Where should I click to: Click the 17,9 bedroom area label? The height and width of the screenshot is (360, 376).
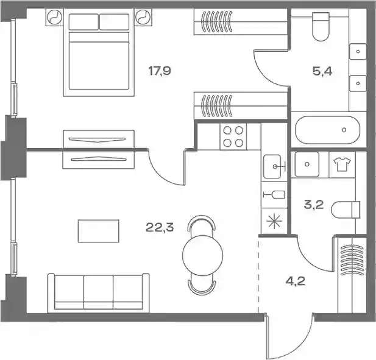tap(160, 71)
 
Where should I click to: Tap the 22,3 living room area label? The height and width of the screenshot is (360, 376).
tap(160, 227)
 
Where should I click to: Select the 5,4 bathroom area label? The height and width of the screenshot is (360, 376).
tap(322, 71)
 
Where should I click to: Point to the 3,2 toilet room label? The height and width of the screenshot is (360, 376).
tap(314, 205)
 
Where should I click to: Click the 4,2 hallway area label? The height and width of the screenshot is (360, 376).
tap(296, 281)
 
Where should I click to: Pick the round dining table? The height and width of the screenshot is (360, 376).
tap(203, 255)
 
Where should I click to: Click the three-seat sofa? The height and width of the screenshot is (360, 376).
tap(98, 292)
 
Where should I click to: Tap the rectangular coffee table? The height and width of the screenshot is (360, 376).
tap(99, 231)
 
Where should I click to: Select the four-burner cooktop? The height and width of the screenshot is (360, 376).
tap(233, 137)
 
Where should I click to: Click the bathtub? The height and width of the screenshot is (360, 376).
tap(328, 130)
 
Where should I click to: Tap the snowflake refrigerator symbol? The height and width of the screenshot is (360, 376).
tap(275, 222)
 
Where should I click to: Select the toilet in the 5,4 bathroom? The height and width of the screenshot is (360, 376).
tap(321, 27)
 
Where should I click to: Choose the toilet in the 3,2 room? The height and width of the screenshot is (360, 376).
tap(346, 210)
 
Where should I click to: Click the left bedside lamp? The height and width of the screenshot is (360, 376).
tap(55, 17)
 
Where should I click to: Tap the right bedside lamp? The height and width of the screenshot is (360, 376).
tap(143, 17)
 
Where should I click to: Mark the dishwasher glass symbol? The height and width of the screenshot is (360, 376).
tap(274, 194)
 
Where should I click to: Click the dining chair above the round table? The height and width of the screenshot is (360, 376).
tap(202, 223)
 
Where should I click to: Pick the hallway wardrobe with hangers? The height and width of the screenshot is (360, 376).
tap(352, 275)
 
